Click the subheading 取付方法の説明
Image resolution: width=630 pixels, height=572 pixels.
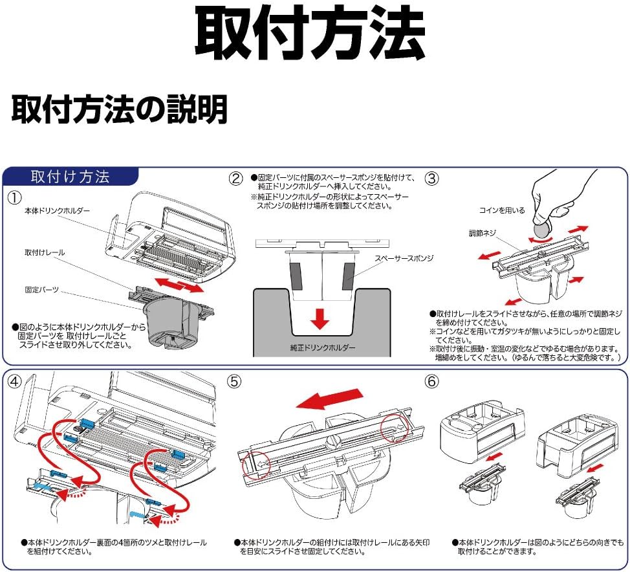click(120, 109)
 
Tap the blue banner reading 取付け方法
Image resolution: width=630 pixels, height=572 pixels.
click(71, 177)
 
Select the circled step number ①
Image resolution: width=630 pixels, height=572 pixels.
click(14, 196)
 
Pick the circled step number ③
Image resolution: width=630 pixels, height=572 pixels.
click(431, 178)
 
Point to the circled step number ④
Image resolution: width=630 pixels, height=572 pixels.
click(14, 381)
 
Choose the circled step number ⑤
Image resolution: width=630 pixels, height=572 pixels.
click(235, 382)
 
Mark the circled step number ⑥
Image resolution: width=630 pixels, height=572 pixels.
click(431, 382)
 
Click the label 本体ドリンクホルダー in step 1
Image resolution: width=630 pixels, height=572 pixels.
click(58, 212)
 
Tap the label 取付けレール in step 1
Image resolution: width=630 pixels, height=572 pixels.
click(45, 252)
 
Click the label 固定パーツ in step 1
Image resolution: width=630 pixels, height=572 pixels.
click(42, 290)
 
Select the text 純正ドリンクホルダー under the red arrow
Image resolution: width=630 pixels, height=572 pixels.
click(322, 347)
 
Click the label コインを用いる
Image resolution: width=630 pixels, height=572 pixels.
click(501, 211)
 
